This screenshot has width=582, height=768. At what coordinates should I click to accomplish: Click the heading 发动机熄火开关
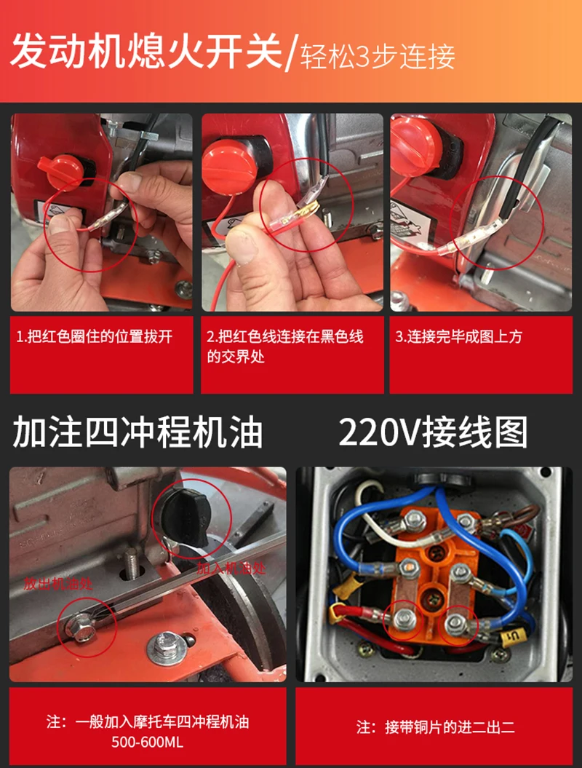tap(146, 51)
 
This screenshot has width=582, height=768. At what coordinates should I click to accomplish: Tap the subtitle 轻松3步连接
tap(378, 57)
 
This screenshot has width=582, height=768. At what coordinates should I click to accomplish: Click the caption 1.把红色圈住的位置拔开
tap(95, 336)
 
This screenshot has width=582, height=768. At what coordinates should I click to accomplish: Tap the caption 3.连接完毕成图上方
tap(458, 336)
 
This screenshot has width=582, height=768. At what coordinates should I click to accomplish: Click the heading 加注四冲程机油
tap(137, 432)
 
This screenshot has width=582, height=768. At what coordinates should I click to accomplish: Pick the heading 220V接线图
tap(433, 432)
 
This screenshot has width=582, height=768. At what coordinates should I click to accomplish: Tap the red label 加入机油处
tap(231, 568)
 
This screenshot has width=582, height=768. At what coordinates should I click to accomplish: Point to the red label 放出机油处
tap(58, 584)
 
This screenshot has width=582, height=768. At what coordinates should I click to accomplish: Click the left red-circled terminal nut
tap(405, 619)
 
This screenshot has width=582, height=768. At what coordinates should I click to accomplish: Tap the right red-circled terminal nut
tap(456, 622)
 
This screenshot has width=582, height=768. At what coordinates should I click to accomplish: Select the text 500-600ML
tap(148, 742)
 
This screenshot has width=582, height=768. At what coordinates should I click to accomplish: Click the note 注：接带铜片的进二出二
tap(435, 727)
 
